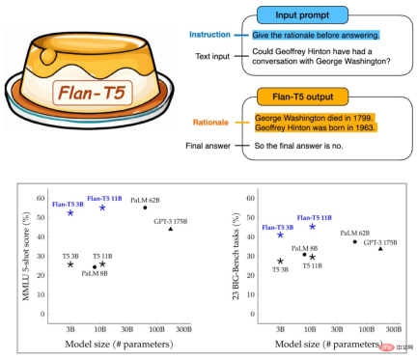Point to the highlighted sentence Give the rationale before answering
[308, 33]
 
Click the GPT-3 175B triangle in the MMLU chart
[171, 229]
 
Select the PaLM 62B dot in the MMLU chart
[145, 208]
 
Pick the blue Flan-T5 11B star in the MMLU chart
[102, 208]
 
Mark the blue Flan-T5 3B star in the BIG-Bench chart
[280, 235]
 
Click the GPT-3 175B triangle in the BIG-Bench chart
[381, 249]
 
